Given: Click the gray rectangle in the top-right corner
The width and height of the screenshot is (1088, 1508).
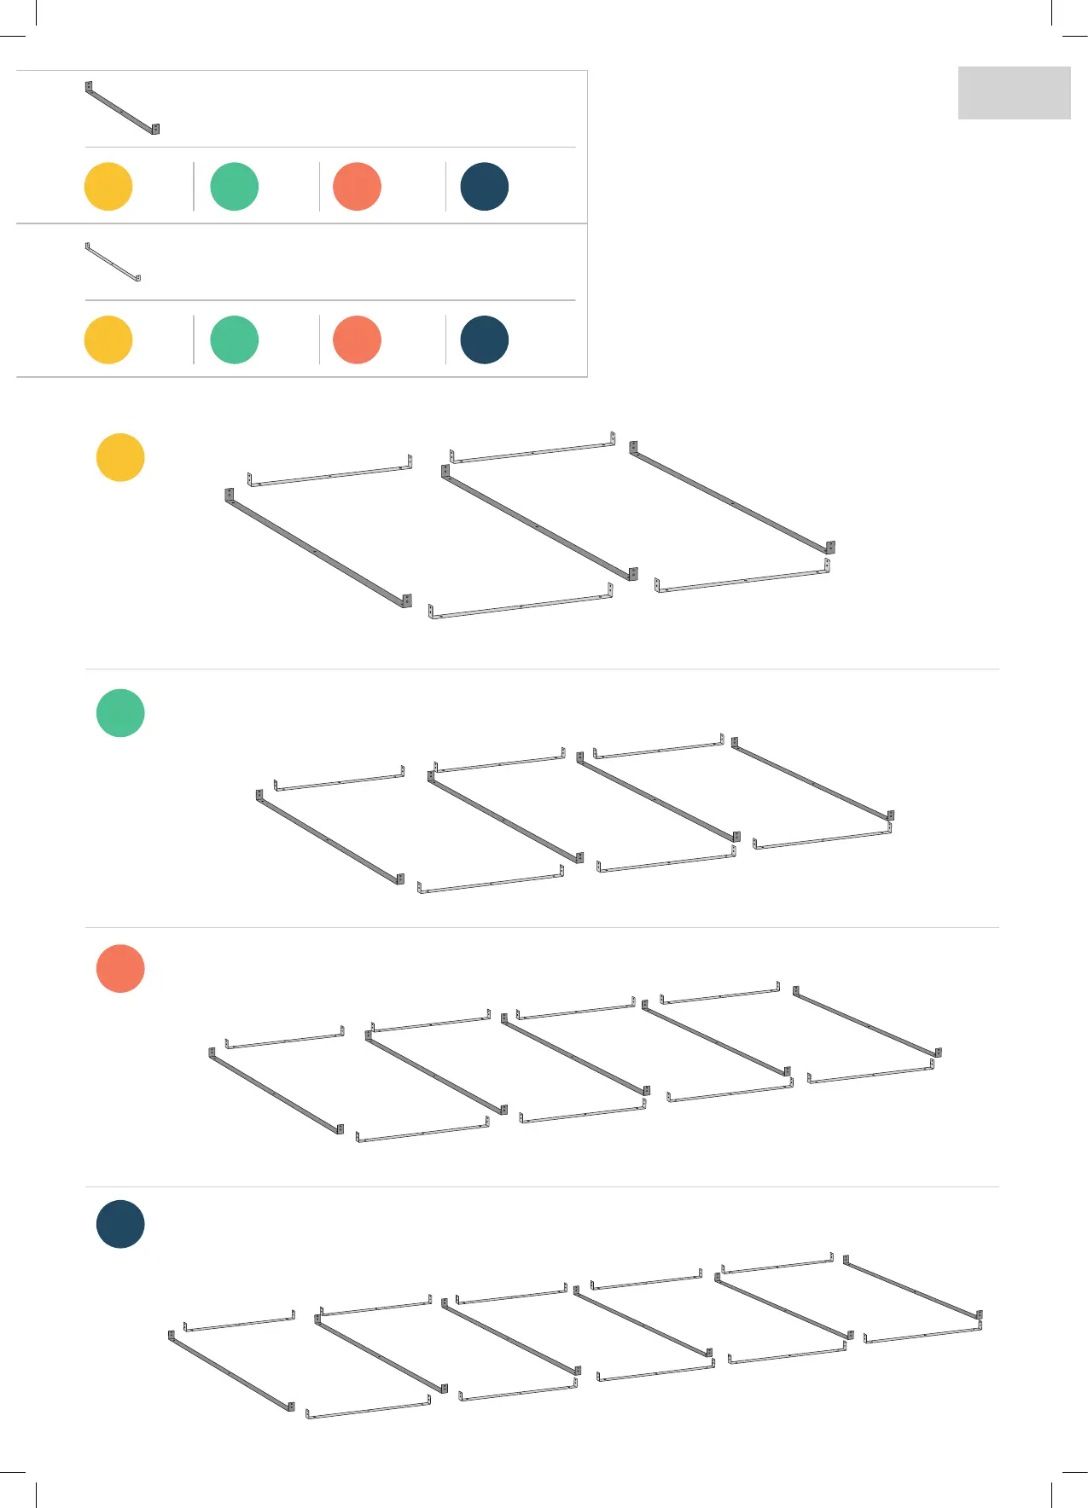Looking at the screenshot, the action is point(1014,93).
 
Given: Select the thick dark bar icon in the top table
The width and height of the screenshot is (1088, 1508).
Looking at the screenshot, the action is point(122,108).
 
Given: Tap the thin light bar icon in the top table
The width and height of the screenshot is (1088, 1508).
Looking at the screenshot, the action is point(113,262).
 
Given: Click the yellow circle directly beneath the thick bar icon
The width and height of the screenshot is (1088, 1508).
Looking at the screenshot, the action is point(108,186).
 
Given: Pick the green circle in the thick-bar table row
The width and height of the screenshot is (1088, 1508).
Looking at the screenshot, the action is point(235,186).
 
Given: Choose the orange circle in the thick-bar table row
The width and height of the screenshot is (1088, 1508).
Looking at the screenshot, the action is point(357,186).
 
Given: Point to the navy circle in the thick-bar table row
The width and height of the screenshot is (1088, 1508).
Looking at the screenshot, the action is point(484,186).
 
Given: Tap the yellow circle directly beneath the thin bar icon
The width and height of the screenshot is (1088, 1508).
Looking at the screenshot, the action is point(108,339).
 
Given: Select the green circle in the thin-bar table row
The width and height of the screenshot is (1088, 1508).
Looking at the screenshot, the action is point(235,339).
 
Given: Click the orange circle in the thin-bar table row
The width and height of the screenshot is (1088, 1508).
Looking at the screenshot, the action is point(357,339).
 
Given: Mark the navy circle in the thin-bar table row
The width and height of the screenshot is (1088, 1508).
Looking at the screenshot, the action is point(484,339).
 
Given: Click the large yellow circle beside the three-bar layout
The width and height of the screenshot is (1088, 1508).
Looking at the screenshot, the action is point(120,457).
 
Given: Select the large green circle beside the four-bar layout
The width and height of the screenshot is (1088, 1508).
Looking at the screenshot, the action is point(120,713).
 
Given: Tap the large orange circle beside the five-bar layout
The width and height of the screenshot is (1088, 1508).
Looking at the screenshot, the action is point(120,968).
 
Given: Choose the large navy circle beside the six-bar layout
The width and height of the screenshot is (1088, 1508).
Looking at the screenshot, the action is point(120,1224).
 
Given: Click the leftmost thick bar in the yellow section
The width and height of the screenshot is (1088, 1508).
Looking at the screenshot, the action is point(317,550).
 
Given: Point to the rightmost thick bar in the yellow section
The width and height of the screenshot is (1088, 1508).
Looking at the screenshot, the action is point(732,499).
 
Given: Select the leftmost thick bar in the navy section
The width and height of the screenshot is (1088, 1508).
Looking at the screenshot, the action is point(231,1372).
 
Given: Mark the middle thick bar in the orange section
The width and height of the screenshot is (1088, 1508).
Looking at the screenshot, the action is point(574,1055).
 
